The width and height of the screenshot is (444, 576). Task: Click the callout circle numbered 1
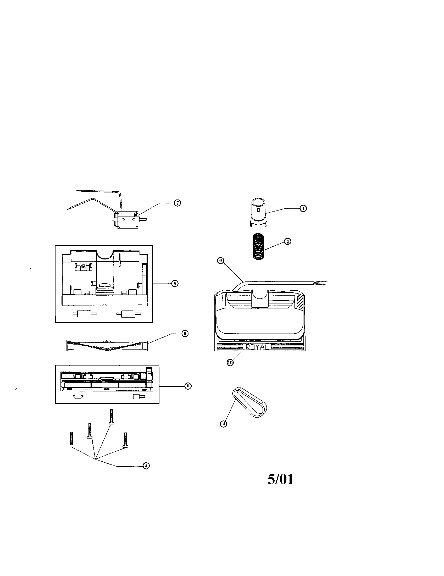tap(303, 208)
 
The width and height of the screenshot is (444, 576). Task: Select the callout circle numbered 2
tap(287, 241)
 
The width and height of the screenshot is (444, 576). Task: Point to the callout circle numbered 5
tap(175, 284)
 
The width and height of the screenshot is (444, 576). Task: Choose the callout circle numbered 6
tap(188, 386)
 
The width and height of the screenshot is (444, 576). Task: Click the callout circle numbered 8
tap(185, 334)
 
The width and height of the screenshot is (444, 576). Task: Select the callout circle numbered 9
tap(220, 261)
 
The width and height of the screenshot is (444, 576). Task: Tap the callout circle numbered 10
tap(230, 363)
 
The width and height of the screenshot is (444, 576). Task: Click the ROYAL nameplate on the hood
tap(257, 347)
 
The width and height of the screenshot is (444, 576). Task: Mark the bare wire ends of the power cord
tap(322, 283)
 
